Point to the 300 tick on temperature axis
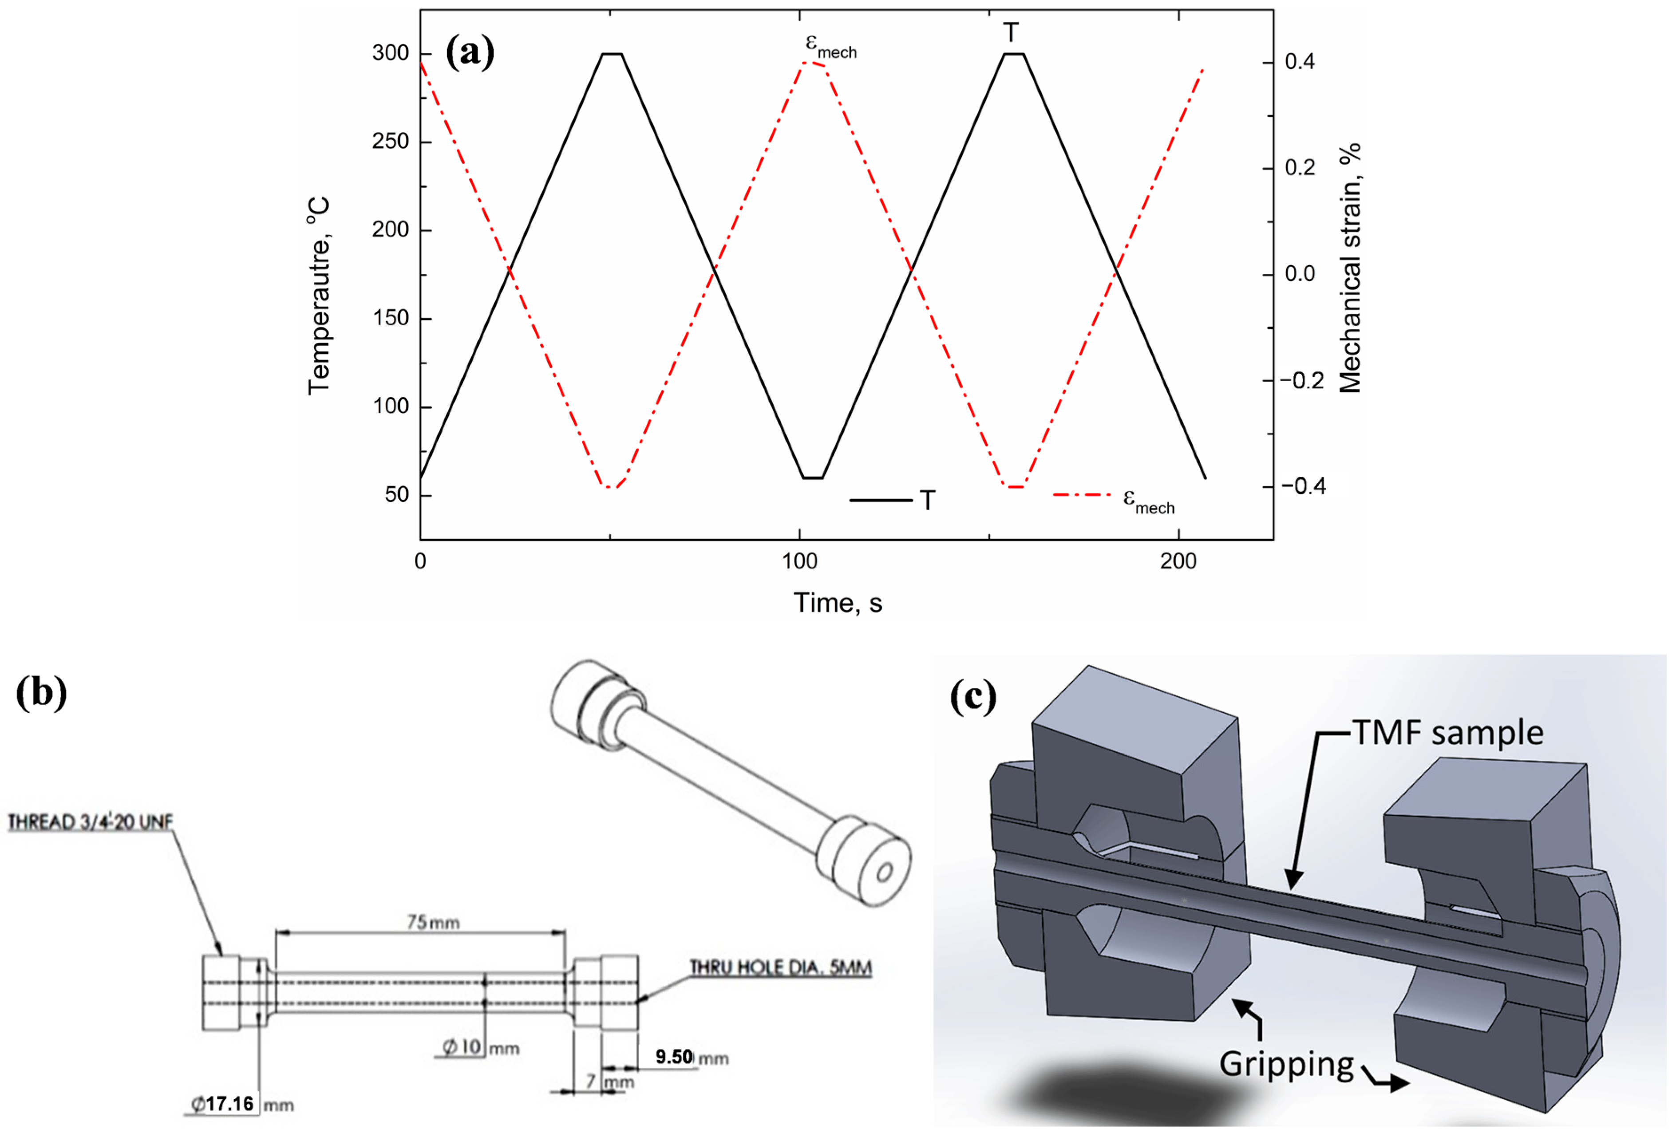pos(391,53)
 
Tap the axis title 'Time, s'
pos(838,603)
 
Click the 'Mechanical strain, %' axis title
pos(1350,268)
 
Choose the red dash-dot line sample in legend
pos(1082,495)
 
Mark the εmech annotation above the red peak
pos(831,46)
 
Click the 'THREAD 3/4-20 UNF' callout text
pos(91,821)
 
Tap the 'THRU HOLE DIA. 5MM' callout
pos(781,967)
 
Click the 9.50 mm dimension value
pos(674,1057)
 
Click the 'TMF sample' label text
pos(1448,733)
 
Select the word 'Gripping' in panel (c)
pos(1286,1063)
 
